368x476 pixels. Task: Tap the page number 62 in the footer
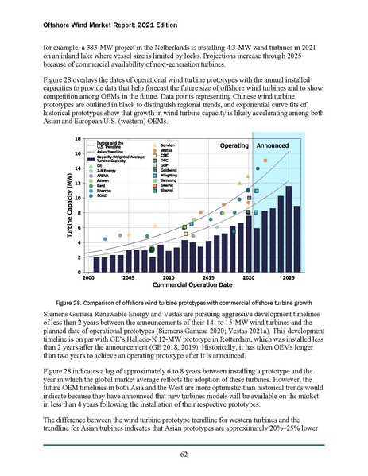pyautogui.click(x=183, y=455)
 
